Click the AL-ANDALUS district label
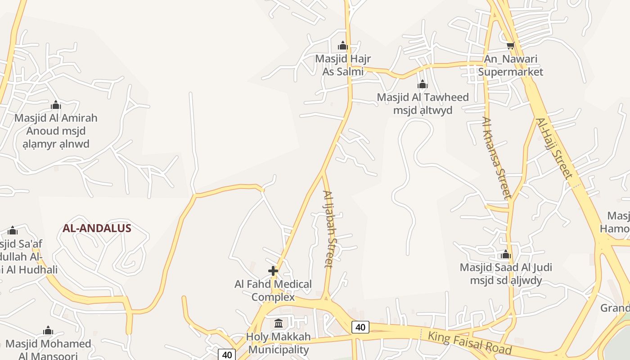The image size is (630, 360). coord(97,228)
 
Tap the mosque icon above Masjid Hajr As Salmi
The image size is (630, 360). coord(343,45)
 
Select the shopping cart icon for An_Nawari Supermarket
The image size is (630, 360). coord(510,45)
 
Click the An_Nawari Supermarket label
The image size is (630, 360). coord(511,65)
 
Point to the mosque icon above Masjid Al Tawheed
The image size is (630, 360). coord(422,84)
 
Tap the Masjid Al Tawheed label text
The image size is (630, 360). coord(423,103)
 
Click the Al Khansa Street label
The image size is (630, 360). coord(496,157)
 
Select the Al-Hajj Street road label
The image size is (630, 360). coord(553,148)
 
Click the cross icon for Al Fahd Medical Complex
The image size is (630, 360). coord(273,271)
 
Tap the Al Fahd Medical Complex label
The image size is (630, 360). coord(273,290)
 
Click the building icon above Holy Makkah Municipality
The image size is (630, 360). coord(279,324)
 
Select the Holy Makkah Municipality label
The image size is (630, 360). coord(279,343)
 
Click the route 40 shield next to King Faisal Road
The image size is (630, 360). coord(360,327)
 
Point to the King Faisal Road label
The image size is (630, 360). coord(469,342)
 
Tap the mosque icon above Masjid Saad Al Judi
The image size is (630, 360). coord(506,255)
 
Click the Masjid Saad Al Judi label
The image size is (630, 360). coord(506,274)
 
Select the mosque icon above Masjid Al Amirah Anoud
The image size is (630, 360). coord(56,105)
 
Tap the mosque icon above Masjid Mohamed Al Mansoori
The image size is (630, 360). coord(48,331)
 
